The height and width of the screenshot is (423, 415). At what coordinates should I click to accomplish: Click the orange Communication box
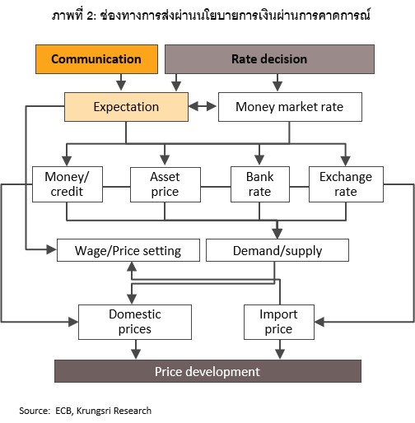click(x=96, y=59)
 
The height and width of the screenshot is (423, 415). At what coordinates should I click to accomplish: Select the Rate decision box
click(x=269, y=59)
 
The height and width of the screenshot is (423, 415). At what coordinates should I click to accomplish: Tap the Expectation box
click(x=126, y=107)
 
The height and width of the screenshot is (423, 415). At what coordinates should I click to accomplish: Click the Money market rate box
click(x=290, y=107)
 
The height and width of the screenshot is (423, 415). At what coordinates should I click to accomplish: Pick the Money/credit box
click(x=68, y=184)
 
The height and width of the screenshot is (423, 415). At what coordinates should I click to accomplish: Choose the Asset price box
click(x=166, y=184)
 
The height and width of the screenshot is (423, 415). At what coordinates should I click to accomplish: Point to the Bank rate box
click(x=260, y=184)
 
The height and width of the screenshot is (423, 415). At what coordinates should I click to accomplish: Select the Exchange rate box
click(x=346, y=184)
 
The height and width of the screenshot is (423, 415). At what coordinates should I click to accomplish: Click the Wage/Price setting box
click(x=128, y=250)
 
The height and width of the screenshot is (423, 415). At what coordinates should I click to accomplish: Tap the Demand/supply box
click(x=277, y=250)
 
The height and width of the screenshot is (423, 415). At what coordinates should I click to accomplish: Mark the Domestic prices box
click(x=135, y=322)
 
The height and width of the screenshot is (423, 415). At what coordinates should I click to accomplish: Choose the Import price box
click(x=279, y=322)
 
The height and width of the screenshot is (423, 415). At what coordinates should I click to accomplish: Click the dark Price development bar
click(x=207, y=371)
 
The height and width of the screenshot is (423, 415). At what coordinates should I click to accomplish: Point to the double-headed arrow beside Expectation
click(x=203, y=106)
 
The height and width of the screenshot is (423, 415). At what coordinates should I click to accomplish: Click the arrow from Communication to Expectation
click(x=121, y=82)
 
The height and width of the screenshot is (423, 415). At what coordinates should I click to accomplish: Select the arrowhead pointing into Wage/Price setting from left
click(x=52, y=249)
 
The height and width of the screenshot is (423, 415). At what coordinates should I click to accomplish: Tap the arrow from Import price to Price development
click(x=280, y=350)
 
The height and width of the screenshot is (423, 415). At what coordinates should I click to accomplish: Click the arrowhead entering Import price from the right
click(x=319, y=322)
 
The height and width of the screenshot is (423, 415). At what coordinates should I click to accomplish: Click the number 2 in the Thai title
click(x=91, y=16)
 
